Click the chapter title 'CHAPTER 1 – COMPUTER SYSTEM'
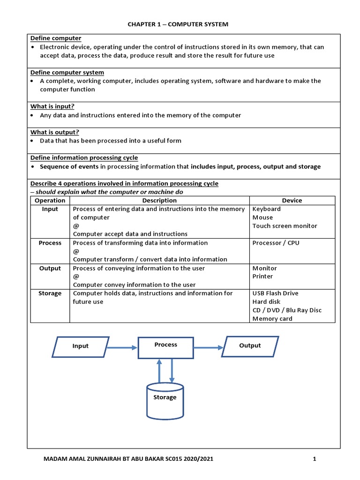pos(178,24)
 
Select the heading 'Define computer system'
pos(67,72)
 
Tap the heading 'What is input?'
pos(52,106)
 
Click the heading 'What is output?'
pos(55,132)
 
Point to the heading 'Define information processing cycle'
pos(84,157)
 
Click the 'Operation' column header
pos(50,200)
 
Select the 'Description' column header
pos(159,200)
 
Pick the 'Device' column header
pos(292,200)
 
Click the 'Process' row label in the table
pos(50,243)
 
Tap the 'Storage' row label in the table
pos(50,293)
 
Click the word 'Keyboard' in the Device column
pos(266,209)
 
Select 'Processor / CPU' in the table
pos(276,243)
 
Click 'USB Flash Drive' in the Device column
pos(275,293)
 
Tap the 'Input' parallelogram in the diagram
pos(80,346)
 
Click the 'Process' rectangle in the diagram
pos(166,347)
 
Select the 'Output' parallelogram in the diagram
pos(250,346)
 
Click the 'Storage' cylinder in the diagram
pos(165,401)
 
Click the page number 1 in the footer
pos(315,460)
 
